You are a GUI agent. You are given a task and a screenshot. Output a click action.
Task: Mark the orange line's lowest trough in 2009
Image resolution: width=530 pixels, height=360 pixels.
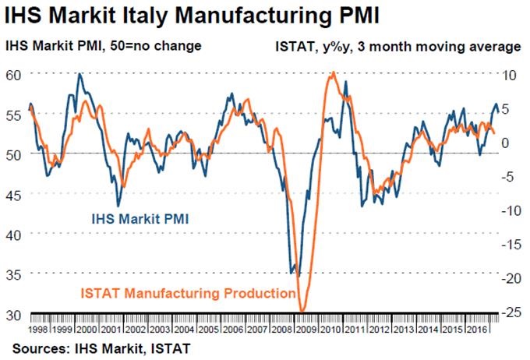[x=304, y=311]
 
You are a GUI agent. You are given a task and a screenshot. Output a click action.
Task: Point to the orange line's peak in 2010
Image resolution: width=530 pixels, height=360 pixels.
[x=334, y=73]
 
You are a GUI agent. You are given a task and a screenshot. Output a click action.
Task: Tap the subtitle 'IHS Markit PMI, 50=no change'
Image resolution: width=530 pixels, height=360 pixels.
[x=104, y=46]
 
